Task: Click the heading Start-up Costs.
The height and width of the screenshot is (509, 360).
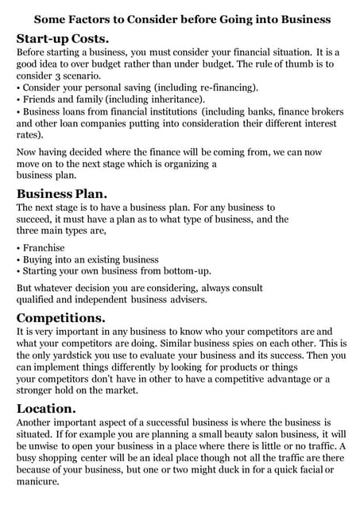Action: click(x=63, y=37)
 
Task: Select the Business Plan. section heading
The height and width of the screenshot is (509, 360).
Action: click(x=62, y=193)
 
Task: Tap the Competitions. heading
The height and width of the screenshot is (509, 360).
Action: click(x=61, y=317)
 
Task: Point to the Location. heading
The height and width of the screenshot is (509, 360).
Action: click(x=49, y=408)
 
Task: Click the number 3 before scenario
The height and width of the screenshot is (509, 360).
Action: click(x=67, y=76)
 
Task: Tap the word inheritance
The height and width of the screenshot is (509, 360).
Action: click(x=174, y=99)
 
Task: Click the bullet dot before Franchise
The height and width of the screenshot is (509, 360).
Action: click(x=18, y=247)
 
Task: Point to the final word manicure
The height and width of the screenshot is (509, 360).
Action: click(x=39, y=482)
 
